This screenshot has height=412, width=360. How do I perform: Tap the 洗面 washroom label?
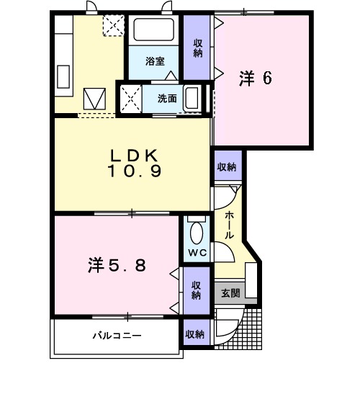[168, 98]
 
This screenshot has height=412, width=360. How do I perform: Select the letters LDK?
[134, 156]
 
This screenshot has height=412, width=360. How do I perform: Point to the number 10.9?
[135, 171]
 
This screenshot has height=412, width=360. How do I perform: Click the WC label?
[197, 251]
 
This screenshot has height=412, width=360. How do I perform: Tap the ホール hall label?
[229, 225]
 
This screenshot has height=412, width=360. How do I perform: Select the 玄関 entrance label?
[230, 292]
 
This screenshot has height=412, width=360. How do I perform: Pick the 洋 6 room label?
[256, 78]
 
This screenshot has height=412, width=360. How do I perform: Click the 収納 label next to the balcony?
[194, 335]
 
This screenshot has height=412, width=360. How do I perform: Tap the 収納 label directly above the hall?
[227, 167]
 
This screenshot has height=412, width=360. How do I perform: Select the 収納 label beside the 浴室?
[197, 48]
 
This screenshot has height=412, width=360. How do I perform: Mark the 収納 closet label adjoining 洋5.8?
[197, 290]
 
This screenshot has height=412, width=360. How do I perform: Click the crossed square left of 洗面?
[130, 97]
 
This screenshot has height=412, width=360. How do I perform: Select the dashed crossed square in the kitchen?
[112, 26]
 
